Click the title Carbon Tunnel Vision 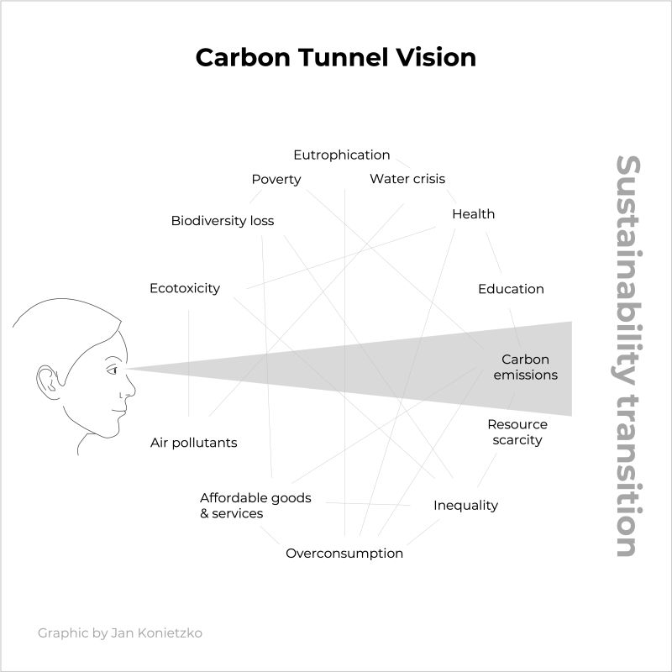point(335,57)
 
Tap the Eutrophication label point(341,155)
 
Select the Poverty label point(276,179)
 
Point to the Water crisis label point(407,178)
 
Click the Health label point(473,214)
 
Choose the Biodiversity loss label point(222,221)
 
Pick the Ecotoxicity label point(185,288)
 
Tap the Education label point(511,289)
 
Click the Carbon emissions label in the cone point(525,367)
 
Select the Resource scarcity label point(517,432)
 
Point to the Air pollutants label point(193,443)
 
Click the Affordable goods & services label point(244,506)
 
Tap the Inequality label point(465,505)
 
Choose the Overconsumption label point(344,553)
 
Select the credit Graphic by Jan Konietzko point(119,633)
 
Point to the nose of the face point(130,389)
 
